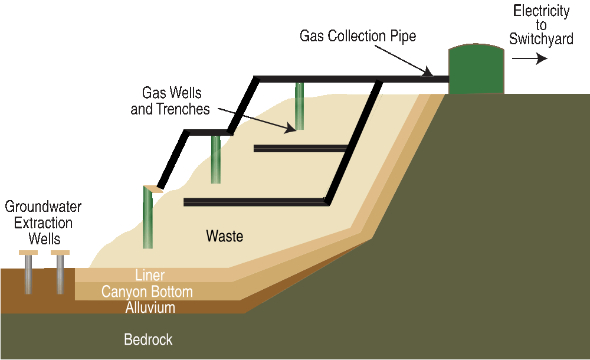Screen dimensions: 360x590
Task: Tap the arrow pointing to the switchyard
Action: pyautogui.click(x=529, y=58)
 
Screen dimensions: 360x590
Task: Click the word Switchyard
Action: pyautogui.click(x=541, y=40)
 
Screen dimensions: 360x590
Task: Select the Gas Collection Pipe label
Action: pyautogui.click(x=358, y=36)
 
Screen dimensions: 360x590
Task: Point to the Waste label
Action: pyautogui.click(x=224, y=237)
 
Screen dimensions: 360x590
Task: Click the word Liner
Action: pyautogui.click(x=150, y=275)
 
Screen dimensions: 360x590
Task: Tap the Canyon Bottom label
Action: pyautogui.click(x=147, y=292)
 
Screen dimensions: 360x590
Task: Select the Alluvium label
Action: pyautogui.click(x=150, y=307)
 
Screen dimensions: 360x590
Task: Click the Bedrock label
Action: pyautogui.click(x=148, y=340)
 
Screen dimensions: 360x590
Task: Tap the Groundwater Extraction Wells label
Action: pyautogui.click(x=43, y=223)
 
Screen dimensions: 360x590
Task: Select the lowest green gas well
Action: pyautogui.click(x=147, y=218)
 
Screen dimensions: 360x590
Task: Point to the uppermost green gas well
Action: pyautogui.click(x=300, y=106)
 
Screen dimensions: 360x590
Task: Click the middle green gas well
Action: pyautogui.click(x=216, y=159)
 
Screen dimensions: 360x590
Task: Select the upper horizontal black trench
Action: pyautogui.click(x=301, y=148)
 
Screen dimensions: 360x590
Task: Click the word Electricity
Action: pyautogui.click(x=541, y=11)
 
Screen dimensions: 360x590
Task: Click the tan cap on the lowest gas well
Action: pyautogui.click(x=152, y=189)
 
